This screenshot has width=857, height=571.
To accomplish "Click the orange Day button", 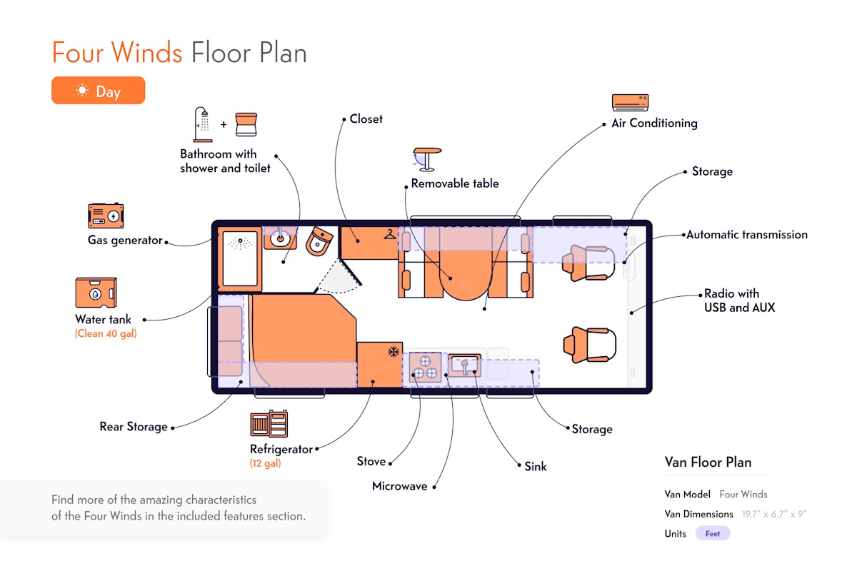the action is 99,90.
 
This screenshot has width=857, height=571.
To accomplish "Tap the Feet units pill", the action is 713,533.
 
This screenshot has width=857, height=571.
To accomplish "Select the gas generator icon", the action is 106,216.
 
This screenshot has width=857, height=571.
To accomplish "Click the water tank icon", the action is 96,293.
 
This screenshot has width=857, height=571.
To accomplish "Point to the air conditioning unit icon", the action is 630,103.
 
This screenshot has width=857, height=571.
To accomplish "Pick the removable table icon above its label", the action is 427,159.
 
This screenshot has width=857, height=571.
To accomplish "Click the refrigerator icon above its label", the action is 269,423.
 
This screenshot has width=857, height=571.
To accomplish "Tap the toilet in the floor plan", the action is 319,241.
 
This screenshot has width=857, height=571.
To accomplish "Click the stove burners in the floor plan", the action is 425,367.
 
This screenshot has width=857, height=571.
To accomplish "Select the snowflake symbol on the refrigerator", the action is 394,351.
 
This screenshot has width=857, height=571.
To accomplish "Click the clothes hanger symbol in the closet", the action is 390,234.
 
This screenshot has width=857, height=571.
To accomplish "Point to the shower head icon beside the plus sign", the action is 203,125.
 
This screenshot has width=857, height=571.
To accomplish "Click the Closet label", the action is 366,119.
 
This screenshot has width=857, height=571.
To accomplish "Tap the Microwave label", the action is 400,486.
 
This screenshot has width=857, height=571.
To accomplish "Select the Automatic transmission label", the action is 747,234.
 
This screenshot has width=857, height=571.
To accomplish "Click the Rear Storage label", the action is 134,426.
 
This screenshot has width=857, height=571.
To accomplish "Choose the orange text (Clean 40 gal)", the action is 106,333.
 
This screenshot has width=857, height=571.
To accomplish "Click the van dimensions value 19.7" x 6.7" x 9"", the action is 774,514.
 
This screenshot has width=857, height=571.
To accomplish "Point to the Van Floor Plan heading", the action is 708,462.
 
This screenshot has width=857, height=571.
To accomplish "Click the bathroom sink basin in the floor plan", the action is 280,239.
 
